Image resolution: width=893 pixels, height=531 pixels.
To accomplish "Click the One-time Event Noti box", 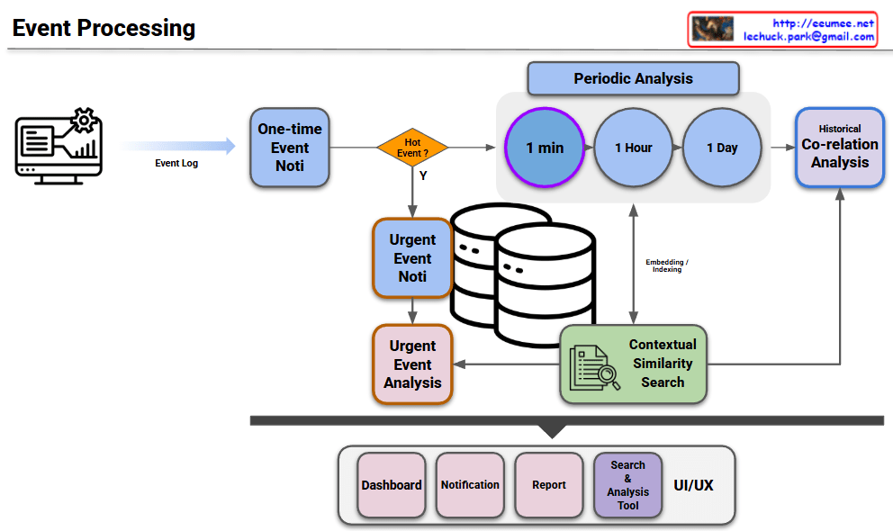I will click(x=290, y=148).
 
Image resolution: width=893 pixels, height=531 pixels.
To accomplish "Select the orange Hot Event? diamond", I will click(x=412, y=148).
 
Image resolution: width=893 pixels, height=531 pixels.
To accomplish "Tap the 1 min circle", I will click(x=545, y=148).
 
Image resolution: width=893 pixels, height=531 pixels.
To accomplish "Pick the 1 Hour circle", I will click(x=634, y=148).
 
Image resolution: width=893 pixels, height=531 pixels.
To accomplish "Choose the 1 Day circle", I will click(x=722, y=148).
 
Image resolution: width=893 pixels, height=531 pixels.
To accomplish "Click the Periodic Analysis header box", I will click(x=633, y=78).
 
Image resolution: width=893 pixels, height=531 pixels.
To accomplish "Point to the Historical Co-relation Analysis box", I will click(x=840, y=148).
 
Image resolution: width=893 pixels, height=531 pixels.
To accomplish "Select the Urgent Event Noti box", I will click(x=412, y=258).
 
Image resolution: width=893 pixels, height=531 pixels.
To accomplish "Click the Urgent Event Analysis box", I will click(x=412, y=364).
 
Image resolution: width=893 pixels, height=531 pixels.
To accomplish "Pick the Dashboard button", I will click(x=392, y=485).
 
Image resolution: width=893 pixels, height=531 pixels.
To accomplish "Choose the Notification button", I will click(x=470, y=485).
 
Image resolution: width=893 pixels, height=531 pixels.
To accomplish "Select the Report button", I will click(x=549, y=485).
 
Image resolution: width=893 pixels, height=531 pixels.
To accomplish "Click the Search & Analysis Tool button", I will click(x=627, y=485).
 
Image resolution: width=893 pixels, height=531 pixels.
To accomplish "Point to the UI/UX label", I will click(x=693, y=485).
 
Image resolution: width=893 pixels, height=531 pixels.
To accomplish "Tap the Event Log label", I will click(x=176, y=164).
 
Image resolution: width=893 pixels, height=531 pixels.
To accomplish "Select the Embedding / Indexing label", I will click(x=667, y=265).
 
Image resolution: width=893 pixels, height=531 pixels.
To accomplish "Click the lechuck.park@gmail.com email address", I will click(x=808, y=37).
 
